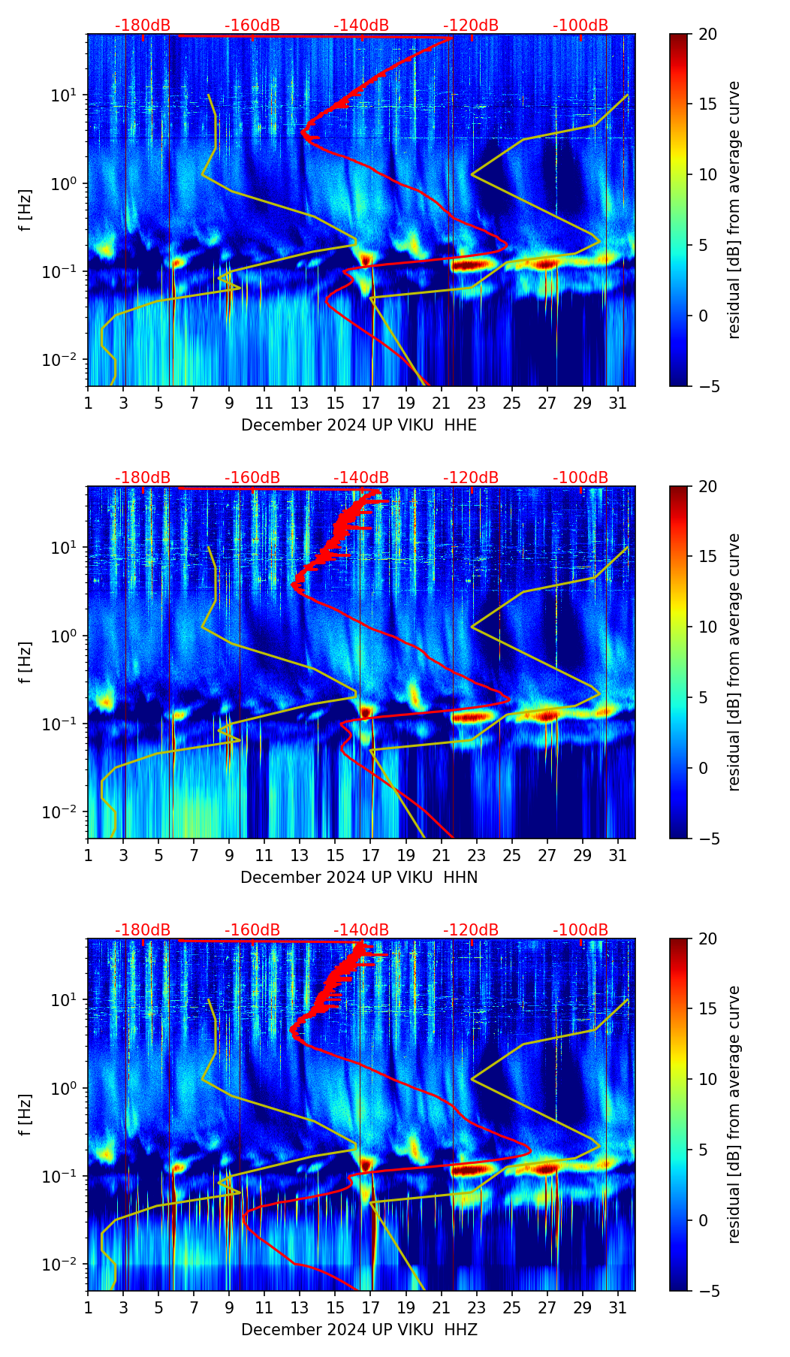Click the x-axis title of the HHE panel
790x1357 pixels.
359,425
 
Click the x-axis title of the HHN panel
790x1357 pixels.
359,878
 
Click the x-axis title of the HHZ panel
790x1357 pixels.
359,1330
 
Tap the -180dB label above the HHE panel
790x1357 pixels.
143,26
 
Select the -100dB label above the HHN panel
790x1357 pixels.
580,478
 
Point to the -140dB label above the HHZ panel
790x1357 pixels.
361,930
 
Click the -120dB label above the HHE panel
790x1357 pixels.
471,26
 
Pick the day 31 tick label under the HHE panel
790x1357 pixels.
618,403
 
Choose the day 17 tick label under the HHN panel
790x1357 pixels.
371,856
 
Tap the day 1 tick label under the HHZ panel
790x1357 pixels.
89,1308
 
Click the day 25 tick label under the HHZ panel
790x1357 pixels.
512,1308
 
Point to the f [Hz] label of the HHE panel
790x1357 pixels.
26,210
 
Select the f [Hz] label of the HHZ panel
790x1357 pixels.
26,1115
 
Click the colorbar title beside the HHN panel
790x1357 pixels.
734,662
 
